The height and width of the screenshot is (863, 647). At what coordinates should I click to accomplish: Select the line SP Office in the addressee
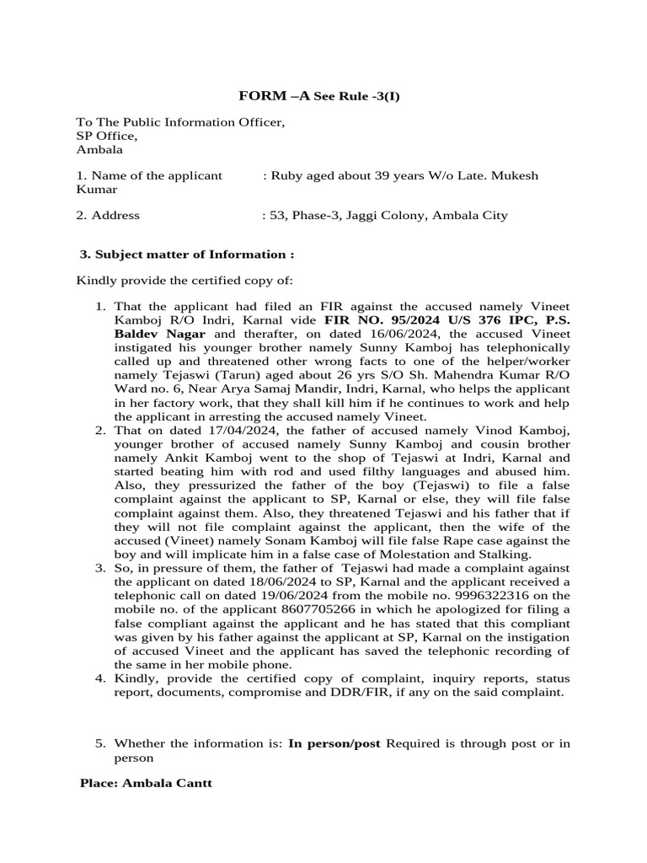106,136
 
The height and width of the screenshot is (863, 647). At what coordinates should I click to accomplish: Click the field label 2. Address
108,215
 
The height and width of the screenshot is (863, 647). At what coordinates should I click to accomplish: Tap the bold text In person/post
334,743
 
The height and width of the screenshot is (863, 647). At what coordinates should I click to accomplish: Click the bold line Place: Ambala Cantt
146,783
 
